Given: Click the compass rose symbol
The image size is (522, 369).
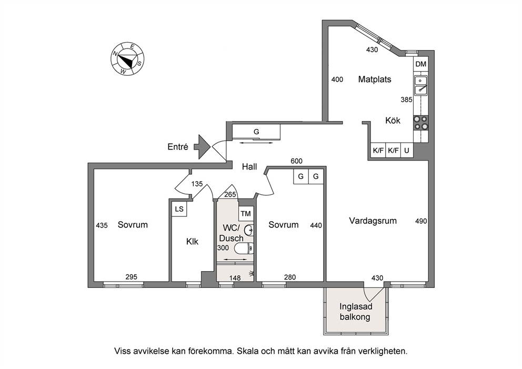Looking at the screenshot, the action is coord(127,59).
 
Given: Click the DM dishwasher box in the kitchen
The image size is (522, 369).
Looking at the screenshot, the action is coord(421,64).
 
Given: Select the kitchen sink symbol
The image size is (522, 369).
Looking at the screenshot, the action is coord(421,86).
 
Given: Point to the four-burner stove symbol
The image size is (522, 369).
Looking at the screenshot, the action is coord(421,123).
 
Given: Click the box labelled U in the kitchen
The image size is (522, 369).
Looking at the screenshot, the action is coord(407,150).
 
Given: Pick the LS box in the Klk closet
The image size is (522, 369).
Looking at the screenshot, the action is coord(179,209).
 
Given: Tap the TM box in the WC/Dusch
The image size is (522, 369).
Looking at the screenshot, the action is coord(246,214).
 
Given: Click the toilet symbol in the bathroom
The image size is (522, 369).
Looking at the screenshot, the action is coord(244,248).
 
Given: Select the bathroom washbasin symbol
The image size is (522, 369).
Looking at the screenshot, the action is coord(249,230).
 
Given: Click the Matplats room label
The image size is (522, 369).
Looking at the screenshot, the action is coord(375,79).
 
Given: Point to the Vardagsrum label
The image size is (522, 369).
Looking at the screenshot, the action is coord(373,221).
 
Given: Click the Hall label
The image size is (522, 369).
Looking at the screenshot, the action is coord(249,166).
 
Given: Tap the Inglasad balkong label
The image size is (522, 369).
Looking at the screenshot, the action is coord(356,312).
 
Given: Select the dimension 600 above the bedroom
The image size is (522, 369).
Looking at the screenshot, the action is coord(296,161).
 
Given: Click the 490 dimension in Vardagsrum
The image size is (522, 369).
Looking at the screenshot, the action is coord(421,221).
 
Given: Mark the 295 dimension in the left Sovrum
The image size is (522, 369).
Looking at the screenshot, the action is coord(132,277).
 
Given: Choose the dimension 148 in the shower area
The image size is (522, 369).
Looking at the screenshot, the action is coord(235,278).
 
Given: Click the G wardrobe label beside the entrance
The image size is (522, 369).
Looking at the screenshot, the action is coord(256,132).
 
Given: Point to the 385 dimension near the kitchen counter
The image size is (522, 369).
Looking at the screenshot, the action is coord(406,99).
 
